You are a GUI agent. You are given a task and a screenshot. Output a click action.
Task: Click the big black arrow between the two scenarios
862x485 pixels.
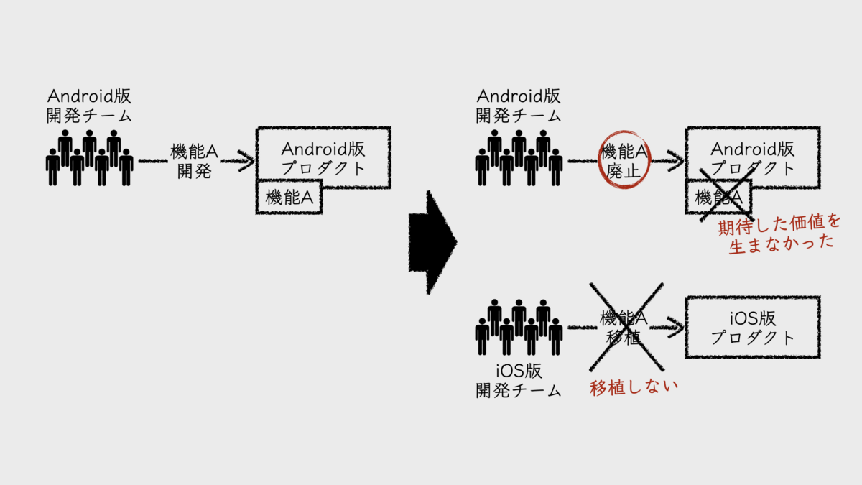(x=432, y=241)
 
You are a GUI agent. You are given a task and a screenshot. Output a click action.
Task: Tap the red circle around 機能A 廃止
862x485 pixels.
(x=624, y=160)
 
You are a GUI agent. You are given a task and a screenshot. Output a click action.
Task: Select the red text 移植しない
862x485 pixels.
(x=634, y=388)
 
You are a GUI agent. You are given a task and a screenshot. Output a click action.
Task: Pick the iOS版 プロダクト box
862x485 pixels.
(x=752, y=327)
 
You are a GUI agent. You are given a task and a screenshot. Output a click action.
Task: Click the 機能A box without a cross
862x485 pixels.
(x=289, y=198)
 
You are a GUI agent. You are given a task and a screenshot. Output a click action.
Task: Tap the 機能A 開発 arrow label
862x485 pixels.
(x=194, y=161)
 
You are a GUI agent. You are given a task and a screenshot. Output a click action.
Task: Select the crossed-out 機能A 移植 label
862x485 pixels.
(x=624, y=328)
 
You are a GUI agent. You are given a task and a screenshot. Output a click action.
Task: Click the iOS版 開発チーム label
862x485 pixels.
(x=519, y=381)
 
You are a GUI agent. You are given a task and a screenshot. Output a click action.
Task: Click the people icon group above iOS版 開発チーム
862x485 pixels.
(x=519, y=327)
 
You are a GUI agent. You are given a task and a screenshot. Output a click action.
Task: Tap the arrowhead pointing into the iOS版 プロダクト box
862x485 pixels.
(x=674, y=328)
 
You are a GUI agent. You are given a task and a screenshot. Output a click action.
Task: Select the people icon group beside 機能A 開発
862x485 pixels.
(x=90, y=158)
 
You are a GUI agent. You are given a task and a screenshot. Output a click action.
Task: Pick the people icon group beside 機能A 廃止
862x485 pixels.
(x=519, y=158)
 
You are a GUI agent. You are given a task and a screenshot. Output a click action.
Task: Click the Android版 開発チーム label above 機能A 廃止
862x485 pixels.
(x=519, y=105)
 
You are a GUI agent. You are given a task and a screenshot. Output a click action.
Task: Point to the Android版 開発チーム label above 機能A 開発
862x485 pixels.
(x=90, y=105)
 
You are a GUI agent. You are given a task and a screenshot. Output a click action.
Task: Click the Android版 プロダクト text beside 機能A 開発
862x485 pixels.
(x=323, y=159)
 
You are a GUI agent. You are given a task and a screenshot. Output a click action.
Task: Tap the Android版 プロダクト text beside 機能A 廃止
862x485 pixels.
(x=752, y=159)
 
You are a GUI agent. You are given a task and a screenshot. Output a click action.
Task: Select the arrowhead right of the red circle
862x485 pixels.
(x=673, y=160)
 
